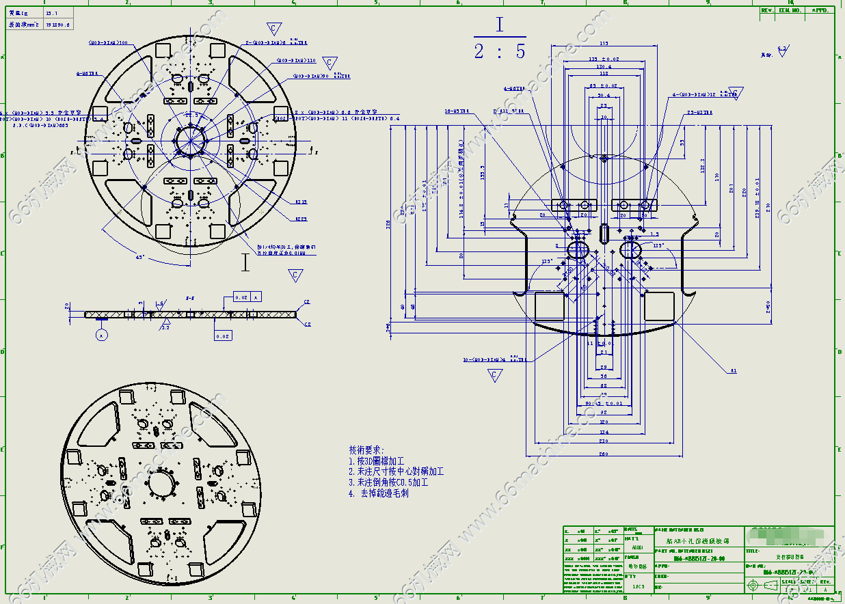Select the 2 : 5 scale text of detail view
pyautogui.click(x=500, y=51)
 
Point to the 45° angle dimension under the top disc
pyautogui.click(x=140, y=258)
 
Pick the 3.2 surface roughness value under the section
pyautogui.click(x=165, y=327)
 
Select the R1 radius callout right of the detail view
pyautogui.click(x=733, y=371)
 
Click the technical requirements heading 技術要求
pyautogui.click(x=367, y=450)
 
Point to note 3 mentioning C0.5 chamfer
pyautogui.click(x=388, y=482)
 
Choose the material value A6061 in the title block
pyautogui.click(x=636, y=548)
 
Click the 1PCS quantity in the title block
pyautogui.click(x=638, y=586)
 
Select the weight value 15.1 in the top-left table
pyautogui.click(x=51, y=13)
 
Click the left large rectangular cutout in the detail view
pyautogui.click(x=549, y=305)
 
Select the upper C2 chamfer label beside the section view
pyautogui.click(x=307, y=302)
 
